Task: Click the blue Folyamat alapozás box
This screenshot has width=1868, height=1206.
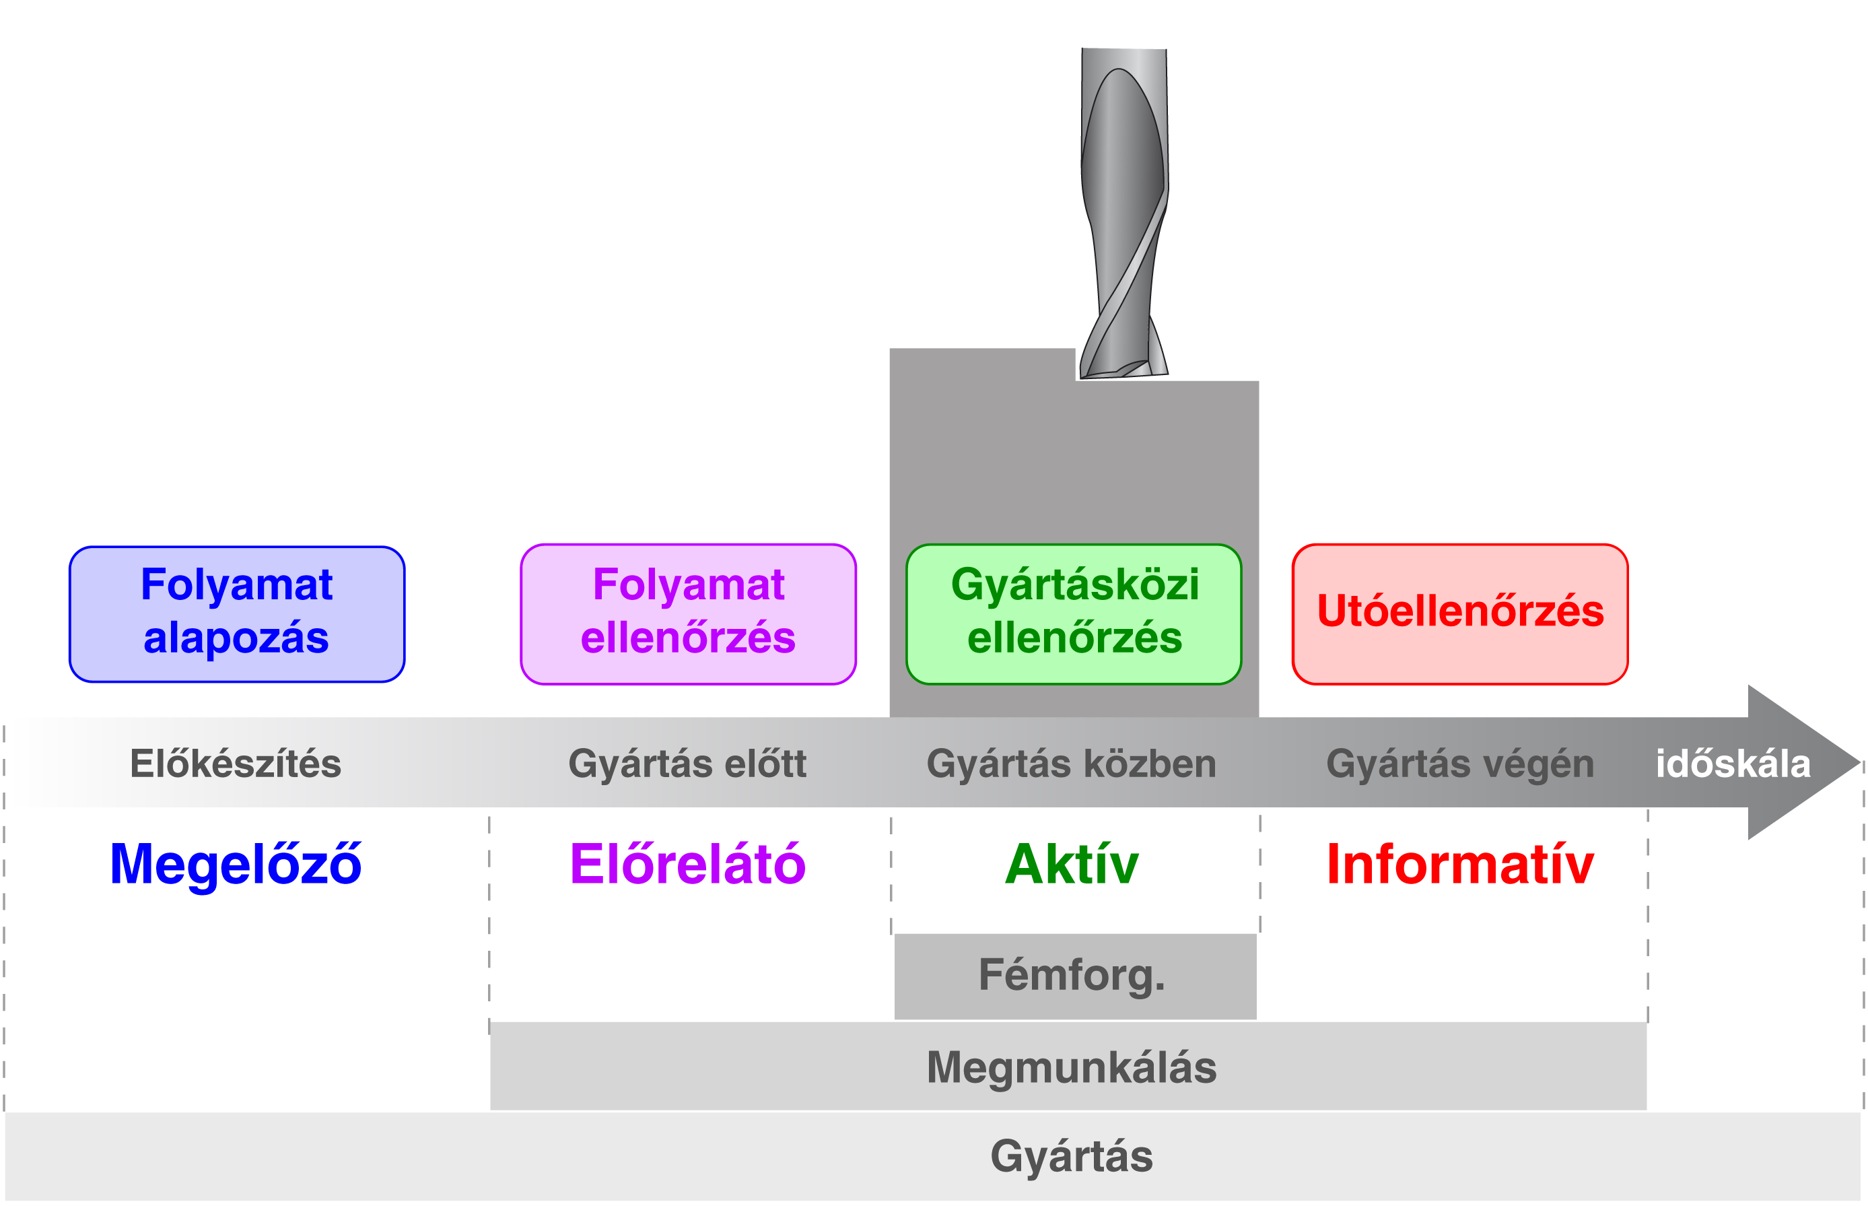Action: (236, 614)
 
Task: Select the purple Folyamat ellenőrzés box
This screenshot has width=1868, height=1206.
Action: (687, 614)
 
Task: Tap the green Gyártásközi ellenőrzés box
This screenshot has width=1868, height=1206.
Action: (1074, 614)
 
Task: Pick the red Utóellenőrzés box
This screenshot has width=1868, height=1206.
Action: (1459, 614)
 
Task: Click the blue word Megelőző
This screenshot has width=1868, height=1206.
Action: (236, 865)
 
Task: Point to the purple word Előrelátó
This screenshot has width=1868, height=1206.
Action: (687, 865)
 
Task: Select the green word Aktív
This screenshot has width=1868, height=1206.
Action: (1071, 865)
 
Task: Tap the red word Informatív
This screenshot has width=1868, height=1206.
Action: (1460, 865)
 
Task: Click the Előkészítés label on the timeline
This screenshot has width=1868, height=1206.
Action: (236, 764)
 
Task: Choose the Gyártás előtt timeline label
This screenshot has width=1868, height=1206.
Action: (687, 764)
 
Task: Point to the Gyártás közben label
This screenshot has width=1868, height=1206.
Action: (1071, 764)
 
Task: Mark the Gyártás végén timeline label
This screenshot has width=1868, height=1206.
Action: (1460, 764)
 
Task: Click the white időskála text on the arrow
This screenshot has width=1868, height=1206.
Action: (1733, 764)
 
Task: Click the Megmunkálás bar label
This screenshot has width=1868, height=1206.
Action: (1071, 1067)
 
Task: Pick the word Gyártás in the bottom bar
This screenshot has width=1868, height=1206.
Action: (1071, 1156)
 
